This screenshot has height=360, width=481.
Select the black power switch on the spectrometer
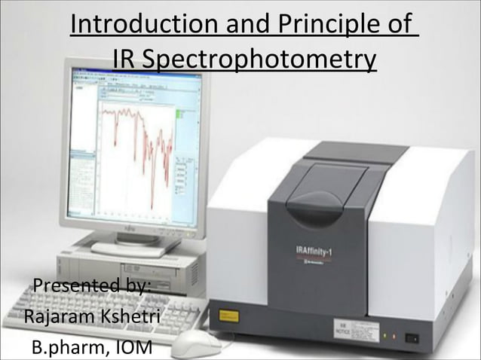[412, 337]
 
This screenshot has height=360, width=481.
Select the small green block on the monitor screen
[179, 114]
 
